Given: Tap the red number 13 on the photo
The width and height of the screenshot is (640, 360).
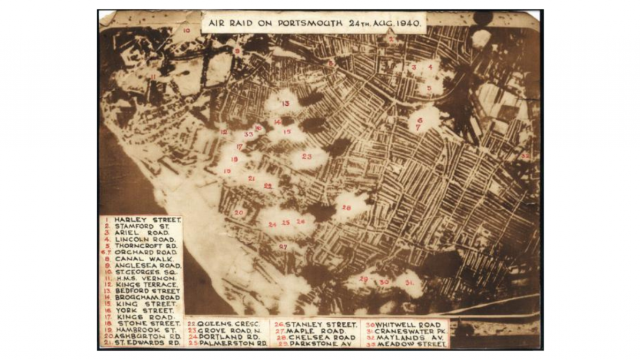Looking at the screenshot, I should click(x=286, y=104).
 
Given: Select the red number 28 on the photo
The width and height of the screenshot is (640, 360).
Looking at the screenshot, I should click(x=346, y=207).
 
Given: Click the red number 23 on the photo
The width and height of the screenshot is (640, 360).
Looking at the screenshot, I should click(x=307, y=156).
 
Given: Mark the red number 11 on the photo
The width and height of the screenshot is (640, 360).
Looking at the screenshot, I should click(x=153, y=76).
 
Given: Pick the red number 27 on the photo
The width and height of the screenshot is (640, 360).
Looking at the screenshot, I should click(x=283, y=247).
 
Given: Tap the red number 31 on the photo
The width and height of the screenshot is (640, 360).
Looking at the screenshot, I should click(x=409, y=282).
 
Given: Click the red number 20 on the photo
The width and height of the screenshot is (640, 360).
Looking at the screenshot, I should click(x=239, y=212).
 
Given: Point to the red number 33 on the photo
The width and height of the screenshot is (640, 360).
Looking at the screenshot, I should click(x=249, y=134).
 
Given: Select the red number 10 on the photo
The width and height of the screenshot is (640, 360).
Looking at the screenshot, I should click(x=186, y=29).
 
